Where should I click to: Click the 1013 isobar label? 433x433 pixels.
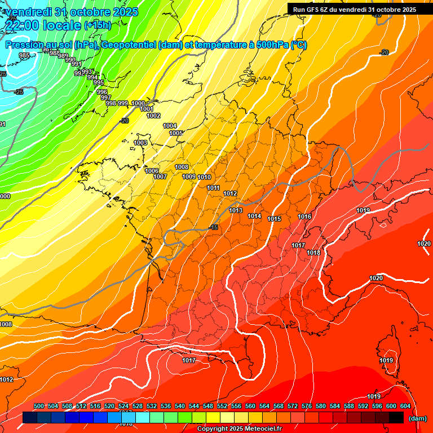[x=236, y=210]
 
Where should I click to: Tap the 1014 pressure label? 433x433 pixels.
[x=254, y=216]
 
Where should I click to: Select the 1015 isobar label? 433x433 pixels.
[x=274, y=219]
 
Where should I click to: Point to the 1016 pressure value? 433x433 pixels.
[x=304, y=216]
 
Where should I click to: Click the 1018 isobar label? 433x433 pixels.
[x=313, y=253]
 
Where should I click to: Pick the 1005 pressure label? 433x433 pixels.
[x=176, y=133]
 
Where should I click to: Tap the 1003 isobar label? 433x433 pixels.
[x=140, y=143]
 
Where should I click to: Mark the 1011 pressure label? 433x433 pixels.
[x=213, y=188]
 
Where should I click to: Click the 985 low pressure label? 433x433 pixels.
[x=24, y=55]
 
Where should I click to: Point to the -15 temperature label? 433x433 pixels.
[x=213, y=227]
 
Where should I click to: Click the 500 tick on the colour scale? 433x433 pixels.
[x=39, y=406]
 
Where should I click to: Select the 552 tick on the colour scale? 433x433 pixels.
[x=222, y=406]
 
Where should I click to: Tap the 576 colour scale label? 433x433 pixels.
[x=307, y=406]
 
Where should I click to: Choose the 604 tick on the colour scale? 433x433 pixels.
[x=405, y=406]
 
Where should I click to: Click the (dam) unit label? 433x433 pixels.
[x=417, y=418]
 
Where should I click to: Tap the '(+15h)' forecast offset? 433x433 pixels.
[x=98, y=25]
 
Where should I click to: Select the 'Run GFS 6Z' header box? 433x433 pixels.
[x=354, y=9]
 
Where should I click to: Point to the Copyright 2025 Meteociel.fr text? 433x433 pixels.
[x=239, y=428]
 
